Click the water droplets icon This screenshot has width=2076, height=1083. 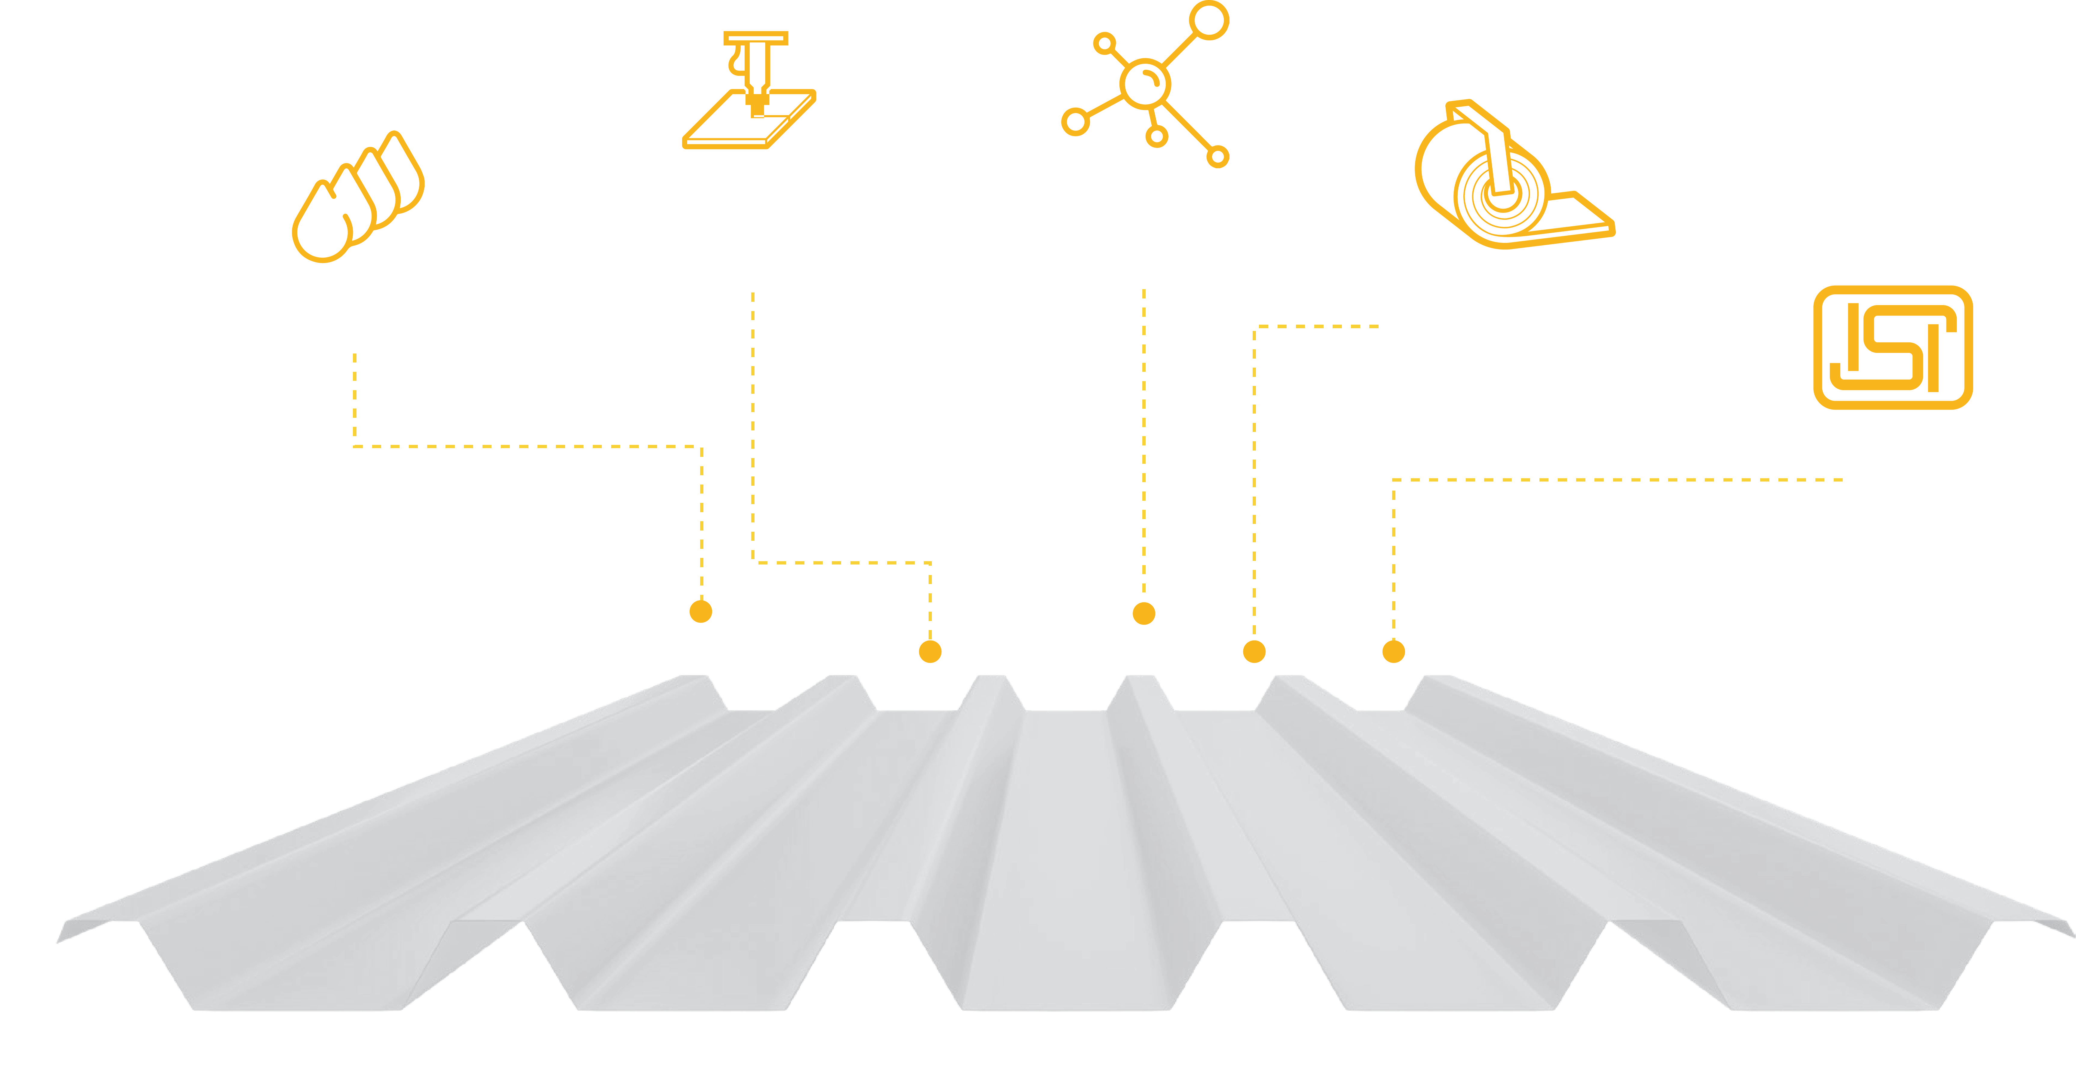(x=358, y=197)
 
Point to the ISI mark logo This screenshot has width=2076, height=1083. (x=1892, y=347)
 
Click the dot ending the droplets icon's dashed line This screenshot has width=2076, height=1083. (x=701, y=612)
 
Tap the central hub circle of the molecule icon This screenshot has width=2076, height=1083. (x=1145, y=83)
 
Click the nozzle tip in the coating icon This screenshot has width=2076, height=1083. (x=757, y=107)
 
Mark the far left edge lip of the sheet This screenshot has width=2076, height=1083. (x=81, y=927)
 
